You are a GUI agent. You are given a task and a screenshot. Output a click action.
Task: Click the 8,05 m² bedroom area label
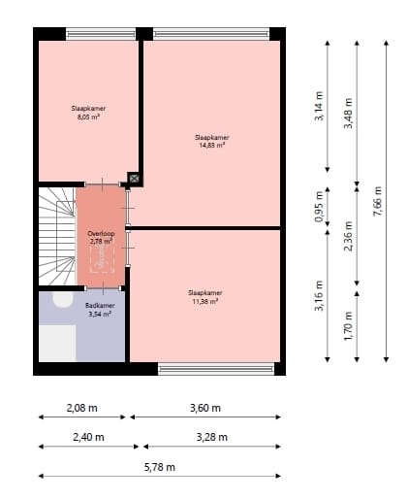[x=88, y=113]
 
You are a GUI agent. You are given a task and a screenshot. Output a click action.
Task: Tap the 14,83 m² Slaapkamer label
[x=211, y=141]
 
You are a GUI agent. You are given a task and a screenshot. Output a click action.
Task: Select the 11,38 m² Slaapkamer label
[x=205, y=297]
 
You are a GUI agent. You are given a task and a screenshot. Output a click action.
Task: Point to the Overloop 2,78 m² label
[x=101, y=237]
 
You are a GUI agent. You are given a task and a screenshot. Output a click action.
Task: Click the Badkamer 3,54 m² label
[x=100, y=310]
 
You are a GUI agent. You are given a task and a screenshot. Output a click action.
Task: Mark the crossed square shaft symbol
[x=134, y=178]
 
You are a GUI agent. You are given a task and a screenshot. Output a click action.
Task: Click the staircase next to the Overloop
[x=57, y=236]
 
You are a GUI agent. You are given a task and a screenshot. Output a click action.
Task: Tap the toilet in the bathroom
[x=62, y=299]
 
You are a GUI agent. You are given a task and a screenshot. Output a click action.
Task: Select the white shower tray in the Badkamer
[x=57, y=343]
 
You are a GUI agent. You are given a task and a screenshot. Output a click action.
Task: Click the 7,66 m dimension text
[x=377, y=201]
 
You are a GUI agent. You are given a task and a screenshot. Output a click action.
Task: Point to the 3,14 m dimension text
[x=319, y=106]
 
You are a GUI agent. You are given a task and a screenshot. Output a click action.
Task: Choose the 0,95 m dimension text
[x=319, y=207]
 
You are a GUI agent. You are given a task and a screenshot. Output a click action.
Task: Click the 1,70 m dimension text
[x=348, y=326]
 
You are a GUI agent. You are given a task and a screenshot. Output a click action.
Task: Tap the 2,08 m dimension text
[x=81, y=408]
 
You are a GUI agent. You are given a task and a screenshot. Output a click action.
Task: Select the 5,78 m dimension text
[x=160, y=467]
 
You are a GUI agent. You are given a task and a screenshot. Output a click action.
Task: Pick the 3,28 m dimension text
[x=212, y=437]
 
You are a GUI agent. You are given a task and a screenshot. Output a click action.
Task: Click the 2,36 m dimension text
[x=348, y=236]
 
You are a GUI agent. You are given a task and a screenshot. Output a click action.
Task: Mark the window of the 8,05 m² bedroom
[x=101, y=34]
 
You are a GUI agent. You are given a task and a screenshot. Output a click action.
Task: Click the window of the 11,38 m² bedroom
[x=216, y=369]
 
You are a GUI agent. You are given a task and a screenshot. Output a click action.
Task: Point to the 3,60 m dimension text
[x=205, y=408]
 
